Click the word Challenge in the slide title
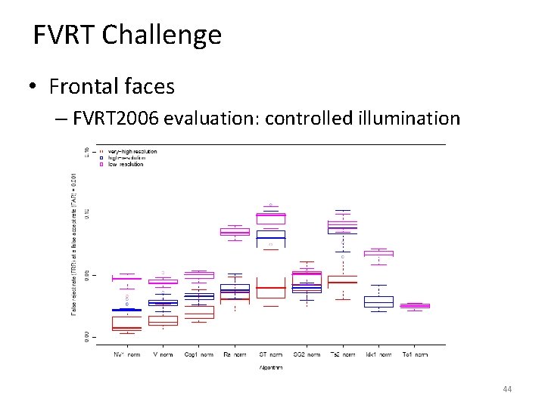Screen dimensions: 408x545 point(161,36)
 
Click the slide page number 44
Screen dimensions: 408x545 point(507,389)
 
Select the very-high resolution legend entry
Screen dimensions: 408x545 point(132,152)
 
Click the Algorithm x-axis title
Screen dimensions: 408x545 point(270,367)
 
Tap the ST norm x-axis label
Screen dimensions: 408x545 point(270,354)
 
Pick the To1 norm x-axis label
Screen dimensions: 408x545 point(415,354)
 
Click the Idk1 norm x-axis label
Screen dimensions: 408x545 point(378,354)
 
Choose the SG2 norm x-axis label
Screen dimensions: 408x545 point(307,354)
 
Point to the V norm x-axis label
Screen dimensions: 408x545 point(163,354)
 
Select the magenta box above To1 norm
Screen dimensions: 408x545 point(415,305)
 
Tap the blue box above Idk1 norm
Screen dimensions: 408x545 point(378,301)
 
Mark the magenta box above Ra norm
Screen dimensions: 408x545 point(235,232)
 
